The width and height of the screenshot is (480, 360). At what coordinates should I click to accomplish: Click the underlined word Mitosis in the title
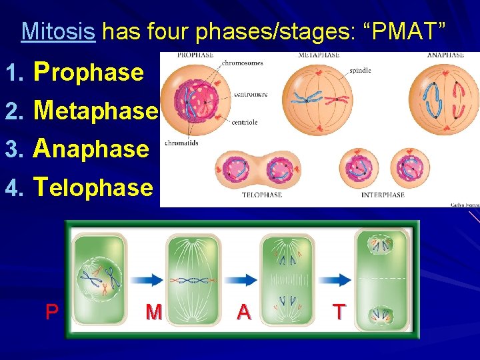(x=58, y=31)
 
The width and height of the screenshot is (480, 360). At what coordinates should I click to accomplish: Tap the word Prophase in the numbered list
(x=89, y=71)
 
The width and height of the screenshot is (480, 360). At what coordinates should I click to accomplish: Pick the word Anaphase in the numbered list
(x=92, y=148)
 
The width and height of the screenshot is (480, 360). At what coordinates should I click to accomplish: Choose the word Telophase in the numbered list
(x=93, y=187)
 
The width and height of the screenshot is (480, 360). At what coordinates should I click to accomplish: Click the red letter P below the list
(x=51, y=311)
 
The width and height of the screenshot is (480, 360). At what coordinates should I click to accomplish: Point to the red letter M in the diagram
(x=153, y=311)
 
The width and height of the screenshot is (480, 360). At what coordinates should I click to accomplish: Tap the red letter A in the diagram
(x=244, y=311)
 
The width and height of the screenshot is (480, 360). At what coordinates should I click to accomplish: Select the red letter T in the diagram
(x=339, y=311)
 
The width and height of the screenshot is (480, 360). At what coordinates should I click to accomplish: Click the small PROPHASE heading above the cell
(x=195, y=55)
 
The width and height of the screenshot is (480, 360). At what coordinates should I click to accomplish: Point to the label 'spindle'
(x=361, y=69)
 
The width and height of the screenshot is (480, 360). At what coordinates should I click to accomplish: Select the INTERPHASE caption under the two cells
(x=383, y=195)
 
